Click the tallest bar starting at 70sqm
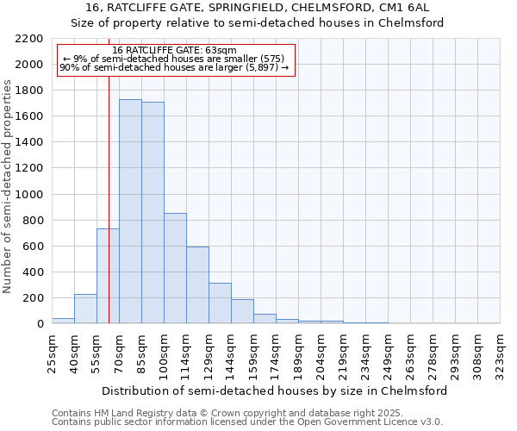pos(130,211)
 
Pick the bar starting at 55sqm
pos(108,276)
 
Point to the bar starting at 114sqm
pos(197,285)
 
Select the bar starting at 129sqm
pos(220,303)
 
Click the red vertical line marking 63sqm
pos(109,172)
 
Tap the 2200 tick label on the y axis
pos(28,39)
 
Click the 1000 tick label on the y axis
pos(28,195)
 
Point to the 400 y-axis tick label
pos(32,272)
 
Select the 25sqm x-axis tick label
pos(52,351)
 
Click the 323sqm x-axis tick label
pos(500,351)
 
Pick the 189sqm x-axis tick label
pos(298,351)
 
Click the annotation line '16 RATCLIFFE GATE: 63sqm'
pos(175,51)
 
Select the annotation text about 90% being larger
pos(175,69)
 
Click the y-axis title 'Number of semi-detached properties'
pos(9,187)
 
